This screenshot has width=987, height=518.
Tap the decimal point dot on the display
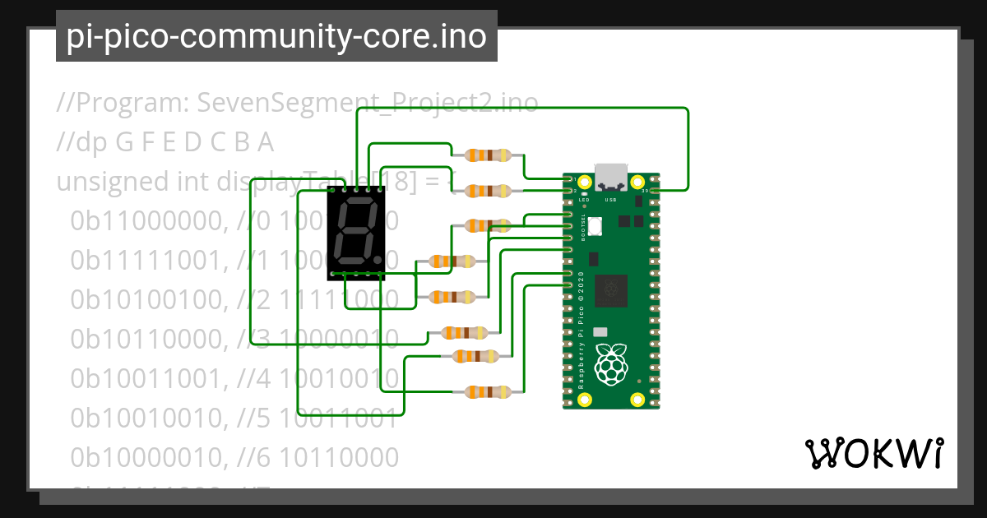coord(378,259)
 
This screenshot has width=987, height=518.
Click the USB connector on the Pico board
coord(611,178)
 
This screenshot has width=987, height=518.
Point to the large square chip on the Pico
coord(610,289)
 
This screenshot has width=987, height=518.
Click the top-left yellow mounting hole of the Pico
coord(585,182)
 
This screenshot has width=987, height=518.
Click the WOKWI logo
coord(873,452)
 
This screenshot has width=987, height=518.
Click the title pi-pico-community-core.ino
coord(276,37)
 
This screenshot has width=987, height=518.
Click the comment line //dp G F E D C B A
coord(164,142)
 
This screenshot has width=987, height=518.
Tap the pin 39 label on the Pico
coord(646,190)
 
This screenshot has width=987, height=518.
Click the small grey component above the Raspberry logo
coord(600,331)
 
